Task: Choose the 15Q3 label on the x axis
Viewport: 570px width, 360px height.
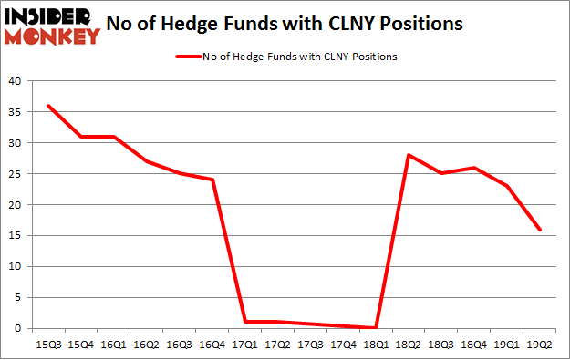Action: (47, 344)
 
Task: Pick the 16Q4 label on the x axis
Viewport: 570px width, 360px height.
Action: (212, 344)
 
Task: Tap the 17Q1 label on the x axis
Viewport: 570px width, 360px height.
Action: (244, 344)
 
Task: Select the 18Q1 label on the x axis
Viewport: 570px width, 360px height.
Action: (376, 344)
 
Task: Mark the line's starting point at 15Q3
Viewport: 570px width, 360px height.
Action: (47, 106)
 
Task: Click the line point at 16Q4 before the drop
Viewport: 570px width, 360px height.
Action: (212, 180)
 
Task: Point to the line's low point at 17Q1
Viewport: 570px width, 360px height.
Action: (244, 322)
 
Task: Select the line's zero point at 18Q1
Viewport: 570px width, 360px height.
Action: (376, 327)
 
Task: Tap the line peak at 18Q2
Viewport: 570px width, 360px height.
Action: (409, 155)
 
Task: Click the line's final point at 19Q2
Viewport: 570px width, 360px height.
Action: (540, 230)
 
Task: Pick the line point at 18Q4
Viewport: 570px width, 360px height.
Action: (474, 168)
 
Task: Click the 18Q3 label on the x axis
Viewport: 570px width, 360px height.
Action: (441, 344)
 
